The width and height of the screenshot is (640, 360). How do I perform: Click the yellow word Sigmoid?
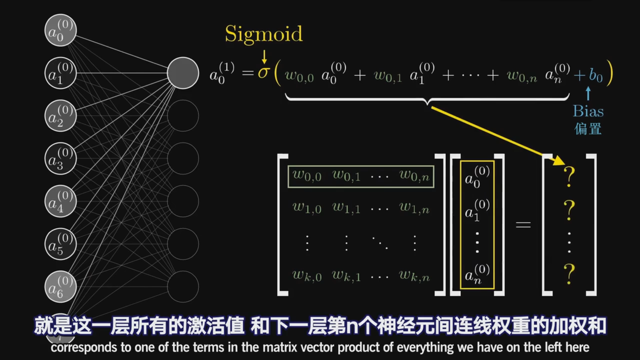click(x=264, y=34)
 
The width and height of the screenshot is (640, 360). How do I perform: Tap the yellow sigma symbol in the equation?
click(x=263, y=73)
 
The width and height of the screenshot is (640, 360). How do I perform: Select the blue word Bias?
click(x=588, y=111)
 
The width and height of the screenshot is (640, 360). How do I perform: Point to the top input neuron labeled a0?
click(x=61, y=30)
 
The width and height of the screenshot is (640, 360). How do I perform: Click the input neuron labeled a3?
click(x=61, y=159)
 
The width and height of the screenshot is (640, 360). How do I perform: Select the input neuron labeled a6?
click(x=61, y=287)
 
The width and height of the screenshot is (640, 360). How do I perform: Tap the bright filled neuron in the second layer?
click(x=183, y=73)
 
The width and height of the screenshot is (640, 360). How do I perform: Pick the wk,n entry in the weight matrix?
click(x=414, y=276)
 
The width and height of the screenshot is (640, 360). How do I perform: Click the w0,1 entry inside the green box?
click(x=346, y=175)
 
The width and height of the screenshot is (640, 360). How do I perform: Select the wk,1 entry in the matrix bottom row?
click(x=346, y=276)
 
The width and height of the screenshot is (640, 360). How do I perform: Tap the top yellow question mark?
click(x=569, y=177)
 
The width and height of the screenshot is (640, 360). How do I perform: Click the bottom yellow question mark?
click(x=569, y=274)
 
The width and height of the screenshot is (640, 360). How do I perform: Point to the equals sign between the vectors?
click(x=523, y=225)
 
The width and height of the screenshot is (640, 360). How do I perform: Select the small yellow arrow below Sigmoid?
click(x=264, y=57)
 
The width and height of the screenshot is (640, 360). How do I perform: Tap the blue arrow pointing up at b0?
click(x=588, y=93)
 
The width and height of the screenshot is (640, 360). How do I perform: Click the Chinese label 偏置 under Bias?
click(x=588, y=129)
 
